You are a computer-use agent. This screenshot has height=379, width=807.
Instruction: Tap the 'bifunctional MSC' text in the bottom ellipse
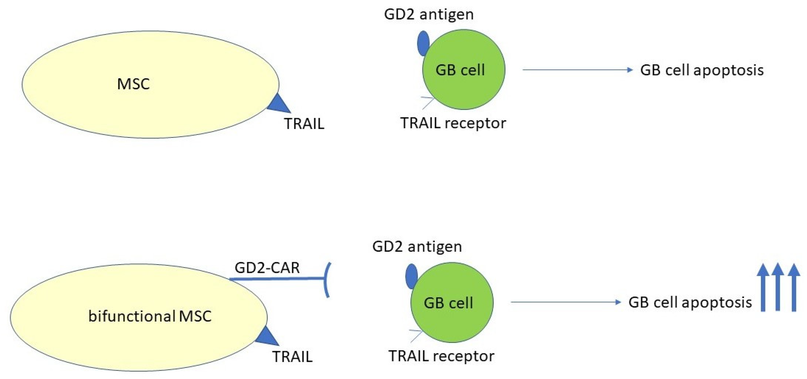click(150, 316)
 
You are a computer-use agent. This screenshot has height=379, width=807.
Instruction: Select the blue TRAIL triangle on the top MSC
click(280, 105)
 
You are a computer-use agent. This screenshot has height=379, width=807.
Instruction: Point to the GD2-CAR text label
click(267, 268)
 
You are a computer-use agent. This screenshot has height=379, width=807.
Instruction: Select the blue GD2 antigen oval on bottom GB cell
click(411, 276)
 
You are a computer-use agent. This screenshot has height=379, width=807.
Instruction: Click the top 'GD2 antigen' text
click(429, 14)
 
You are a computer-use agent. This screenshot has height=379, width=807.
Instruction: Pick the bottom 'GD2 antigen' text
click(417, 247)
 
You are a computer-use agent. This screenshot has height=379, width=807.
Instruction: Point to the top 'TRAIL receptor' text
click(453, 123)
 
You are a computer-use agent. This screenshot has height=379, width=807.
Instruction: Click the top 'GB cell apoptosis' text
click(702, 70)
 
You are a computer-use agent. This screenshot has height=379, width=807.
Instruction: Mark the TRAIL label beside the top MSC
click(304, 124)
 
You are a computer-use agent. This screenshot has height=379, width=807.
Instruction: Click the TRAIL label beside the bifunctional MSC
click(292, 357)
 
